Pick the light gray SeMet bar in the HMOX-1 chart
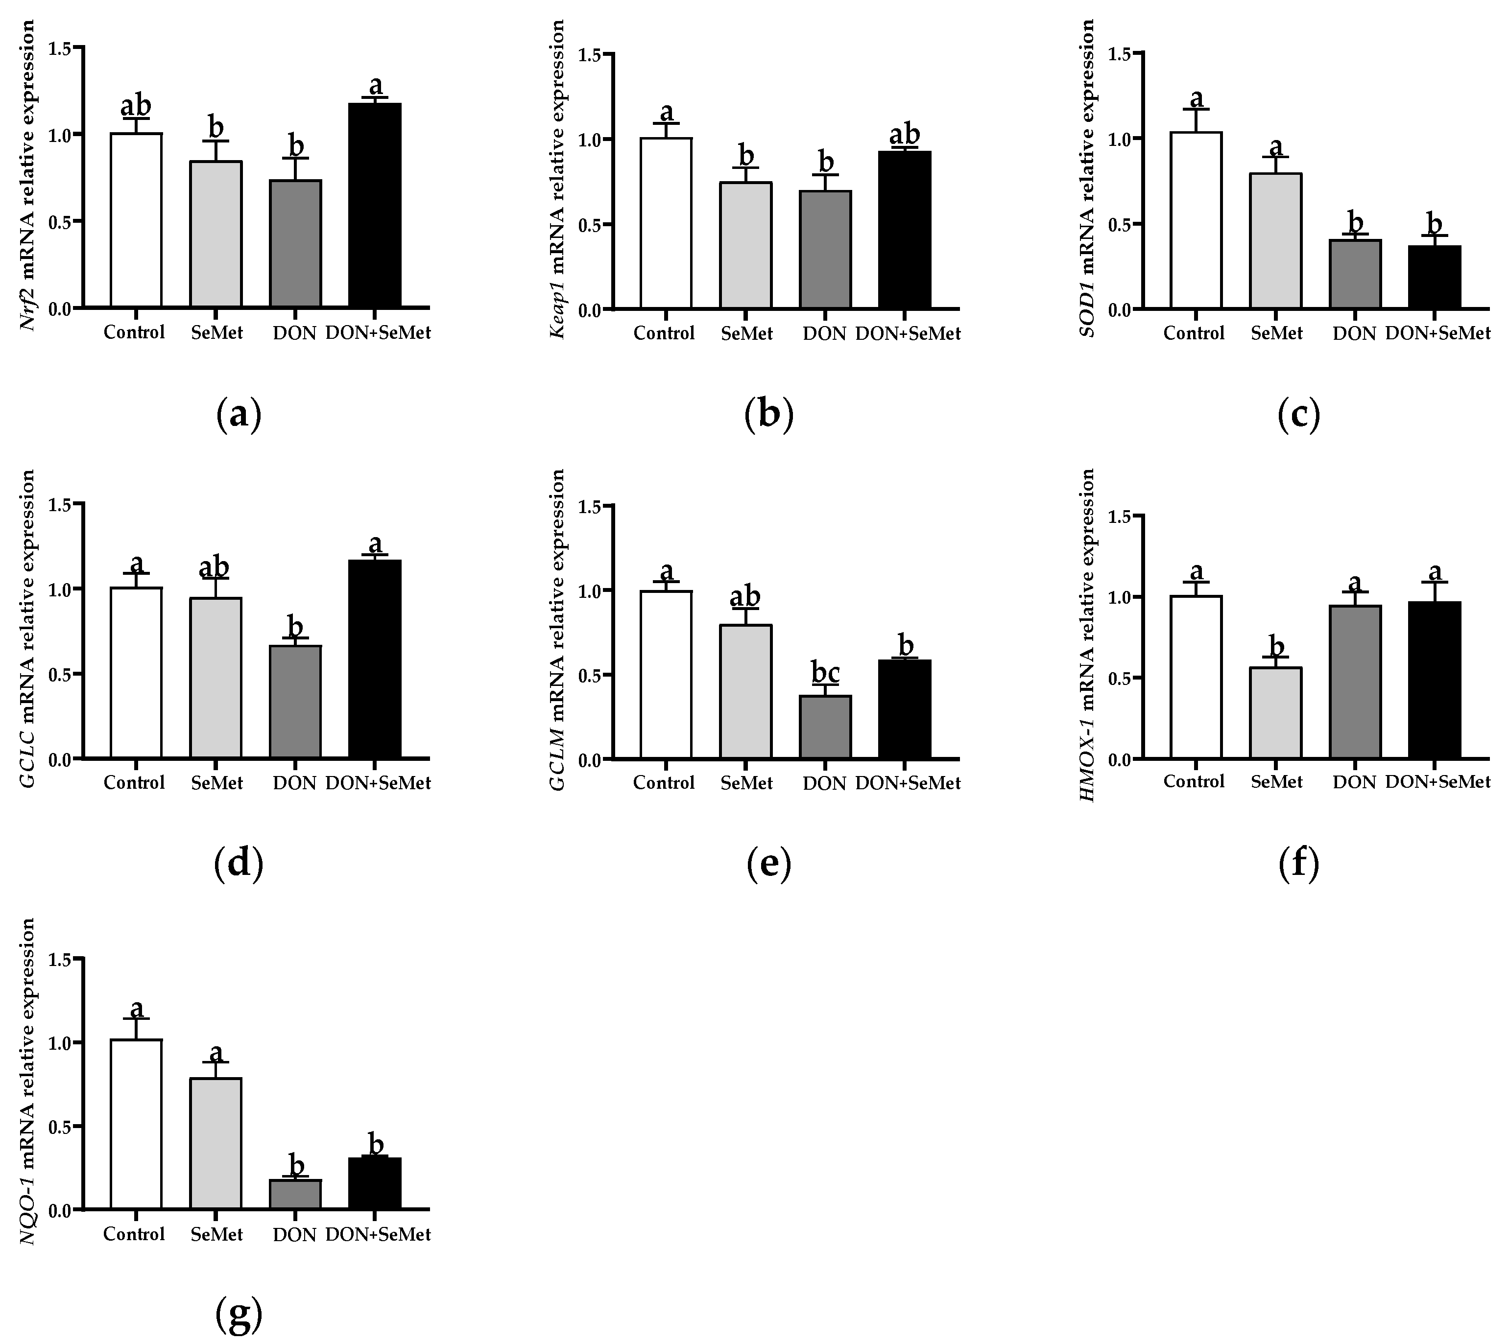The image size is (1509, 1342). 1276,712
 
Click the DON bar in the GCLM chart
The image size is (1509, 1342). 825,727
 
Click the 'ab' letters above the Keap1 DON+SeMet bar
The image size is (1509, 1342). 904,135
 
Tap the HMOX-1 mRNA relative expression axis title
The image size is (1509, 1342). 1087,636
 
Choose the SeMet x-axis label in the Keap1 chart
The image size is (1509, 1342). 746,333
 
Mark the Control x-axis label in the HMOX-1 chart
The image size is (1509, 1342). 1193,781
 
